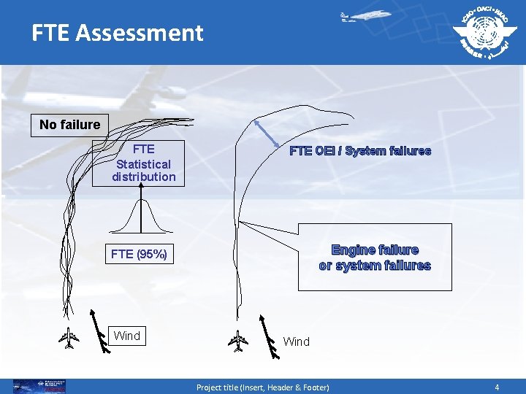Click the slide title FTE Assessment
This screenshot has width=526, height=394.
coord(117,33)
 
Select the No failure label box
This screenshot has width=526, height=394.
coord(69,125)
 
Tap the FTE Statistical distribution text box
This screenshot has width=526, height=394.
coord(144,163)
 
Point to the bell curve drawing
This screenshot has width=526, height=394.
coord(143,220)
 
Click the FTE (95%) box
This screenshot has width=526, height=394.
coord(139,255)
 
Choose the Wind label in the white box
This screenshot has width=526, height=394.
coord(126,336)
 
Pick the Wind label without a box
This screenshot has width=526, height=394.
coord(296,341)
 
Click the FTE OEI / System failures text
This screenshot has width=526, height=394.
coord(360,152)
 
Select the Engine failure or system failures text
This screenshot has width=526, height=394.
coord(375,258)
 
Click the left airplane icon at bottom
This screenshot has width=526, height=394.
coord(69,339)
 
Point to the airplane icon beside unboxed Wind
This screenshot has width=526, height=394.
coord(237,339)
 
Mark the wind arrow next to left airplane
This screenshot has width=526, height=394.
coord(99,331)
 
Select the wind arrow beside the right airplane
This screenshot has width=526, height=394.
coord(268,338)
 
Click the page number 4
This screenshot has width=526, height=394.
coord(497,387)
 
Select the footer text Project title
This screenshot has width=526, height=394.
coord(262,387)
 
